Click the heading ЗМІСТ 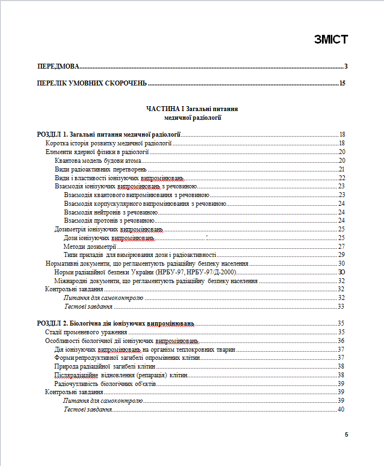click(330, 39)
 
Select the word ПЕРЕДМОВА click(58, 66)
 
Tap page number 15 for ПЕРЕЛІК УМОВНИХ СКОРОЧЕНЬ click(342, 83)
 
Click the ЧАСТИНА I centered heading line click(192, 109)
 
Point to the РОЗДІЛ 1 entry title click(108, 134)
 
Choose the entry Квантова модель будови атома click(98, 161)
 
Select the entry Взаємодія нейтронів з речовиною click(111, 212)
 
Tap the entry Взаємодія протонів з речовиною click(109, 220)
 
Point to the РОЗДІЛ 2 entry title click(115, 323)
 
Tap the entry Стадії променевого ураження click(86, 332)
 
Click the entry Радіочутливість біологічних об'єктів click(106, 383)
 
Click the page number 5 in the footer click(346, 434)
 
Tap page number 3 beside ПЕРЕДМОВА click(345, 66)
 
